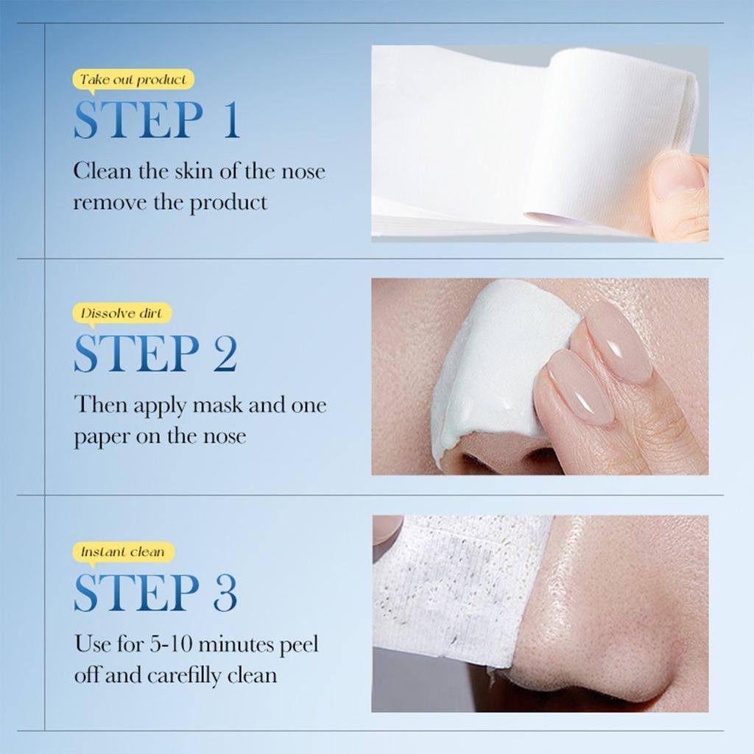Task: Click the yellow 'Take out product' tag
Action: coord(133,80)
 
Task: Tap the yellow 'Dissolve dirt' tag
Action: coord(121,314)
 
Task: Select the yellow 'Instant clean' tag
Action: coord(123,552)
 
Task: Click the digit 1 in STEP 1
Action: coord(231,121)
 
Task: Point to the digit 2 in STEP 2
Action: coord(225,354)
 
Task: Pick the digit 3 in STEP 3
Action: coord(225,592)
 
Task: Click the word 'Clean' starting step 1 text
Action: coord(99,172)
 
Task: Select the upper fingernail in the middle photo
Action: coord(619,342)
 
